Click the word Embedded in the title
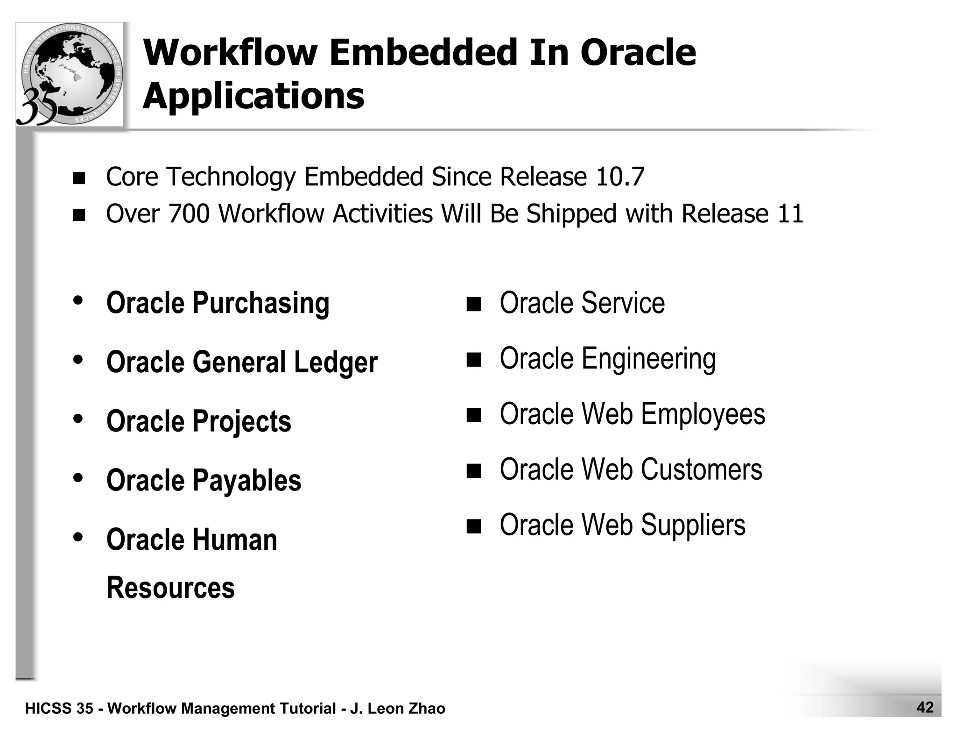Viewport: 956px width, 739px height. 424,52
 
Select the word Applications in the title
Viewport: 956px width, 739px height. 253,95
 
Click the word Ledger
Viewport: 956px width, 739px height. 336,362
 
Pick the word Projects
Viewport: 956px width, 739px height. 242,421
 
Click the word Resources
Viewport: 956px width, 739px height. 170,587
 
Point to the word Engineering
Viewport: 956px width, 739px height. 648,359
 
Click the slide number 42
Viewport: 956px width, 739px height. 925,707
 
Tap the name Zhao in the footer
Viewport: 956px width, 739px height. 426,709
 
